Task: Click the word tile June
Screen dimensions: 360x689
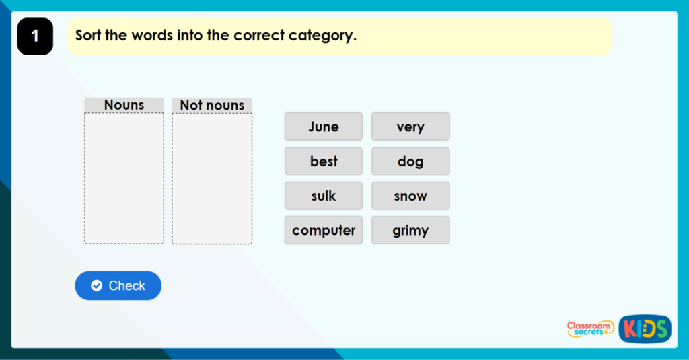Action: pyautogui.click(x=324, y=127)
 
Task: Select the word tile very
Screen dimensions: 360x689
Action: pyautogui.click(x=410, y=127)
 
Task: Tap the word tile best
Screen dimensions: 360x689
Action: pyautogui.click(x=324, y=161)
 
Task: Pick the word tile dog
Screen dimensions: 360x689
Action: pyautogui.click(x=410, y=161)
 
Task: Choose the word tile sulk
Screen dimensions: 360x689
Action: pyautogui.click(x=324, y=196)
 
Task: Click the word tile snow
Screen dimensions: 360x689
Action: pyautogui.click(x=410, y=196)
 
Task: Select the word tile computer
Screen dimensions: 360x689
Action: pyautogui.click(x=324, y=230)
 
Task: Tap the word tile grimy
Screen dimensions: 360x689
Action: pyautogui.click(x=410, y=230)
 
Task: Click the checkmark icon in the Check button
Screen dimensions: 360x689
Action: pyautogui.click(x=96, y=286)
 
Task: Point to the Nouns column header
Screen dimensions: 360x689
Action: pyautogui.click(x=124, y=105)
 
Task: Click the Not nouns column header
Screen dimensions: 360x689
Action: pyautogui.click(x=212, y=105)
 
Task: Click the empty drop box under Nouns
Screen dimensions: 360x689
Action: pyautogui.click(x=124, y=178)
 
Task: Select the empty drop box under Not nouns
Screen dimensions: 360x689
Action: pyautogui.click(x=212, y=178)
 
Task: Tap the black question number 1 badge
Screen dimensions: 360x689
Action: pyautogui.click(x=35, y=36)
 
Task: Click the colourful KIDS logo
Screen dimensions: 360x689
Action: pyautogui.click(x=645, y=329)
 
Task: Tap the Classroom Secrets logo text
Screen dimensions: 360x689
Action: pyautogui.click(x=589, y=328)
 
